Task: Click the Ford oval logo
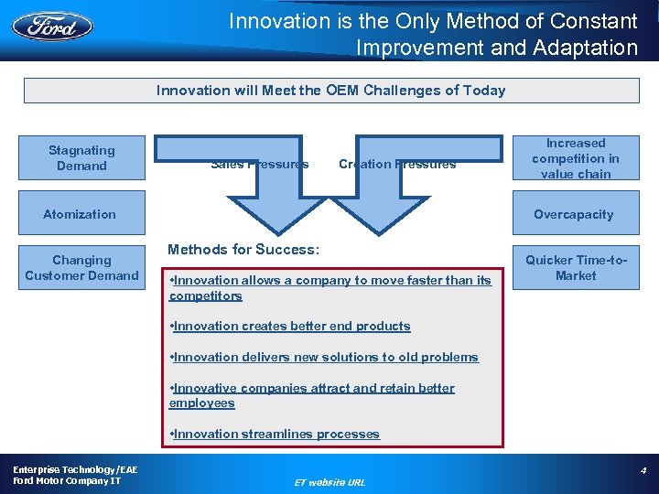coord(52,25)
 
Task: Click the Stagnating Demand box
coord(81,158)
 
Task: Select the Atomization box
coord(80,214)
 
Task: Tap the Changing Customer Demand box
coord(81,267)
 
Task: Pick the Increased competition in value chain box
coord(576,158)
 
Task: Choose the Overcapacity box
coord(574,214)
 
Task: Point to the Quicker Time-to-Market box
coord(576,267)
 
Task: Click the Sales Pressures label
coord(259,165)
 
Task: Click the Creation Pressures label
coord(397,165)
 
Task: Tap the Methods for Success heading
coord(243,249)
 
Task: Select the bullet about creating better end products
coord(291,326)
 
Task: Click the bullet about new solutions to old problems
coord(324,357)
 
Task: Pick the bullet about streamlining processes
coord(275,434)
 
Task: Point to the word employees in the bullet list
coord(202,403)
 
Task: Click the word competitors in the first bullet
coord(206,295)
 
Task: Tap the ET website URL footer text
coord(329,481)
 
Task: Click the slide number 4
coord(643,470)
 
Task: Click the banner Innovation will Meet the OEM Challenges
coord(330,90)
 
